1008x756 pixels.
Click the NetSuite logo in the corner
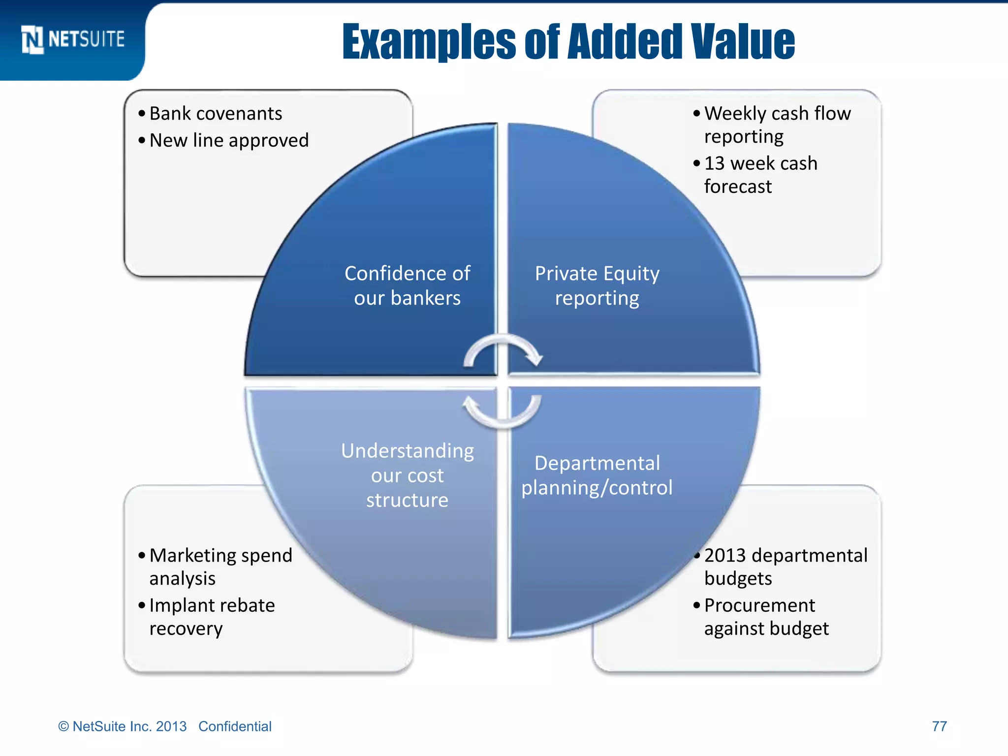(73, 39)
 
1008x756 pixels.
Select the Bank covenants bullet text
(216, 114)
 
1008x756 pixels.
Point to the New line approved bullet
(229, 141)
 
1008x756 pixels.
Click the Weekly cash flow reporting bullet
(777, 125)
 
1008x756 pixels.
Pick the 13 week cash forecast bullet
(760, 175)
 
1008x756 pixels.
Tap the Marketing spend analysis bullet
(220, 567)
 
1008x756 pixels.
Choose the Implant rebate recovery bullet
(212, 617)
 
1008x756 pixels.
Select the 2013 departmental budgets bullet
(785, 567)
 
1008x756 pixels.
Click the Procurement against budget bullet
(766, 617)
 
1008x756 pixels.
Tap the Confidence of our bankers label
(407, 285)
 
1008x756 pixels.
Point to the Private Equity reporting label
(597, 285)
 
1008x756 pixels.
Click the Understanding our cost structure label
(407, 475)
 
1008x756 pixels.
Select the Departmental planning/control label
(597, 475)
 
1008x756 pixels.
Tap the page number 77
(939, 726)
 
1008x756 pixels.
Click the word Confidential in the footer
(235, 726)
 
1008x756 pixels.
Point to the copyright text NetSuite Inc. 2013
(123, 726)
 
